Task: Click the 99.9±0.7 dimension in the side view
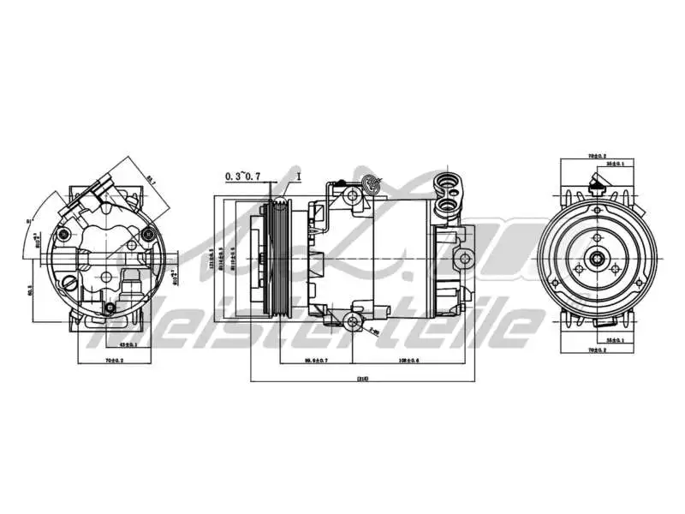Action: pyautogui.click(x=316, y=361)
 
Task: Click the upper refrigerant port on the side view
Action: pyautogui.click(x=447, y=182)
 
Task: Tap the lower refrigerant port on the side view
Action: pyautogui.click(x=447, y=205)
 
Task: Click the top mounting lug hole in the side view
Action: pyautogui.click(x=352, y=195)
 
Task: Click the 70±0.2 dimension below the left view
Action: pyautogui.click(x=113, y=361)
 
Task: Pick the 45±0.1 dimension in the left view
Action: pyautogui.click(x=128, y=344)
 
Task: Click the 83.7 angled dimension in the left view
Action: pyautogui.click(x=151, y=180)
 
